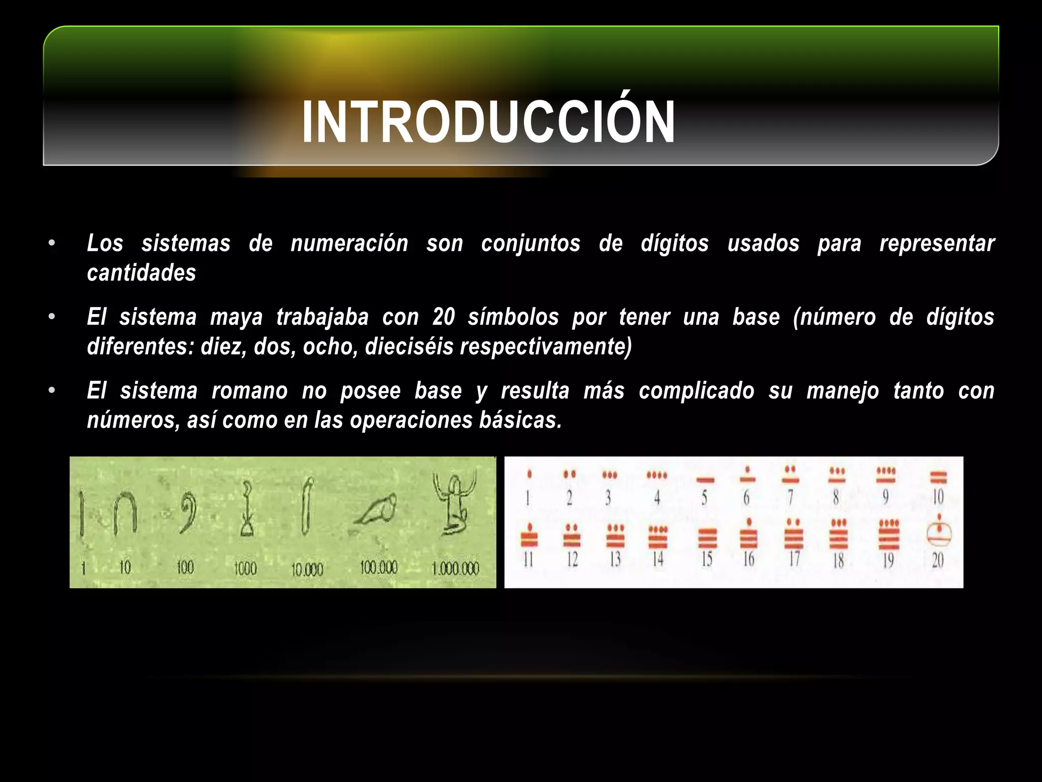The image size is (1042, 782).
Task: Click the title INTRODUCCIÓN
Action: (x=488, y=122)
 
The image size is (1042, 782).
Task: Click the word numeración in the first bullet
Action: (x=350, y=243)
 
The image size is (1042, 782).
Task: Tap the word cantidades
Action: (x=141, y=273)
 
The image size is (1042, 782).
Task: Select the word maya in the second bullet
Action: (x=236, y=318)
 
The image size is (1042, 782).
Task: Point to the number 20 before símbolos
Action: (x=444, y=317)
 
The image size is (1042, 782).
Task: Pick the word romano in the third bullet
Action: (x=249, y=391)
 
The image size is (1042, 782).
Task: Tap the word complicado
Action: (x=697, y=391)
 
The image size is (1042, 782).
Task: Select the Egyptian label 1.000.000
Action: (x=455, y=568)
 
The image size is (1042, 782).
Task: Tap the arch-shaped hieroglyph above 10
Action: (x=125, y=514)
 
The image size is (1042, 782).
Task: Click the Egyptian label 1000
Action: (x=245, y=568)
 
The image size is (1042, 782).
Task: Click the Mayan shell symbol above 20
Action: (x=939, y=532)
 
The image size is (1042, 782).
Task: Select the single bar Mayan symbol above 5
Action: (x=705, y=480)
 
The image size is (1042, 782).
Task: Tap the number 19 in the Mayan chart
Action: (x=888, y=561)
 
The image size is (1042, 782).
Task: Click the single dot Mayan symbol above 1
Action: (x=530, y=474)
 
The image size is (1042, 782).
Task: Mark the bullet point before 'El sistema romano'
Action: (x=51, y=391)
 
